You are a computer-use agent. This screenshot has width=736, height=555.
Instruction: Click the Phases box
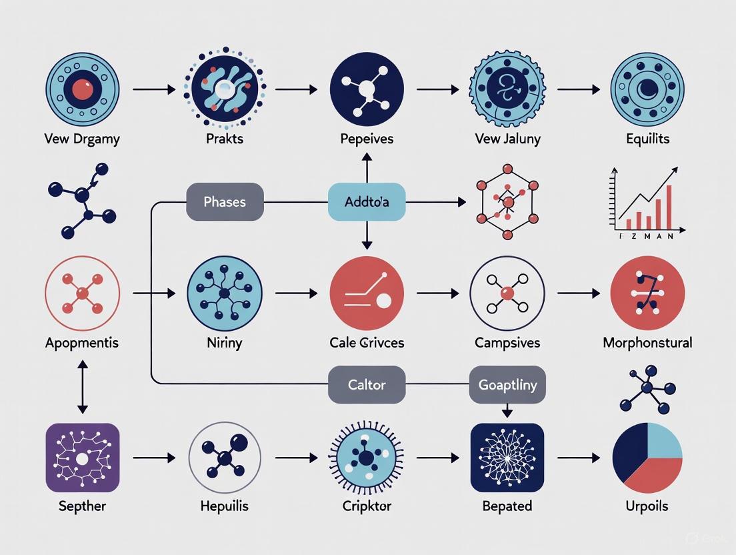point(225,201)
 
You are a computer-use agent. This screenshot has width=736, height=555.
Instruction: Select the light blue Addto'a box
point(367,201)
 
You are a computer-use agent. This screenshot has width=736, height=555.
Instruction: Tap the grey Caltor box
point(367,385)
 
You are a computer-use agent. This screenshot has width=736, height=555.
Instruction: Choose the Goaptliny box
point(507,385)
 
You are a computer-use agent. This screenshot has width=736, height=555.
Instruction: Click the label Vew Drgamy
point(82,139)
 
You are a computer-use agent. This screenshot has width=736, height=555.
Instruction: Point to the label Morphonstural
point(647,343)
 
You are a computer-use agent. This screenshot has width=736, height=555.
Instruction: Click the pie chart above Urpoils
point(647,458)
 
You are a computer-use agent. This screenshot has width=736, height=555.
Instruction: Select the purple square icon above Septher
point(82,458)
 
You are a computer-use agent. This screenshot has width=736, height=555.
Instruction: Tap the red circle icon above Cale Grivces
point(367,293)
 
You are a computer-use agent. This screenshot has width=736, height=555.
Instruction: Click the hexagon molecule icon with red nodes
point(507,201)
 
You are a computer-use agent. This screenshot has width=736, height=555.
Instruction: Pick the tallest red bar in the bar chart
point(669,206)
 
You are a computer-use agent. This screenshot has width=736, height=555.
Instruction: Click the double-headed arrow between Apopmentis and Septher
point(82,387)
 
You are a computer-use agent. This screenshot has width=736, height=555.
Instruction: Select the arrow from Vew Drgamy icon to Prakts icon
point(154,89)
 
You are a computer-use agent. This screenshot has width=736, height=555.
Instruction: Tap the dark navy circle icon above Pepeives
point(367,89)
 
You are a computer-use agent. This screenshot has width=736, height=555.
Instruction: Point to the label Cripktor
point(367,506)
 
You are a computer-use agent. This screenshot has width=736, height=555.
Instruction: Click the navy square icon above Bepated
point(507,458)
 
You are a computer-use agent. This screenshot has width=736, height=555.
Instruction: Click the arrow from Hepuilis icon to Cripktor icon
point(296,458)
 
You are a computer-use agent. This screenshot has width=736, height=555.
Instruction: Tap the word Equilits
point(647,139)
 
